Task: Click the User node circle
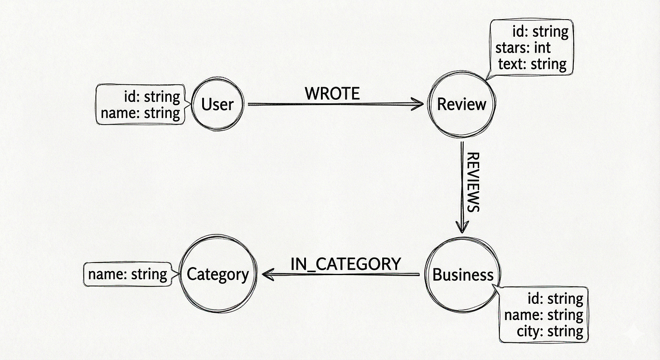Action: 217,104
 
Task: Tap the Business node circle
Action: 462,275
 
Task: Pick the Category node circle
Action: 218,274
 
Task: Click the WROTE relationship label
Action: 332,94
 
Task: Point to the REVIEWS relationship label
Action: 473,182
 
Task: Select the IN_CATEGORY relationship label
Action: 345,264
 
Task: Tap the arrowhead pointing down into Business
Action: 461,227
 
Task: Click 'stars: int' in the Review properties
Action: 523,48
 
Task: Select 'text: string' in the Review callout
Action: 532,64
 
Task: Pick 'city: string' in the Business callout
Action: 550,331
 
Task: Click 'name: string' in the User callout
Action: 141,112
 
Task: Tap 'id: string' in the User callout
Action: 152,97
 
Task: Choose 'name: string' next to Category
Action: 127,274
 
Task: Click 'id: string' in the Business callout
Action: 555,299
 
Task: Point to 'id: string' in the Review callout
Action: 540,32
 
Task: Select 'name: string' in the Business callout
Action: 544,315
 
